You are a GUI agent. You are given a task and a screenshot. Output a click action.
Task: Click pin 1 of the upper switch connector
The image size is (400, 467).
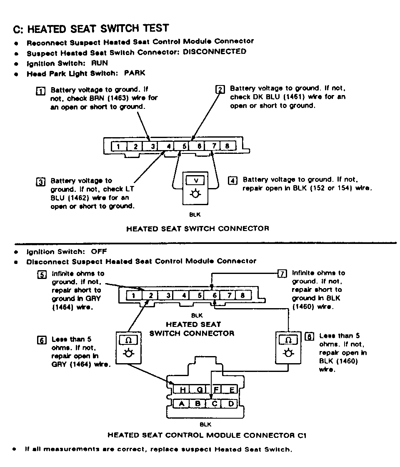coord(119,146)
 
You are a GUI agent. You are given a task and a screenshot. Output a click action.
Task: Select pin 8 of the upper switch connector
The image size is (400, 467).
coord(227,146)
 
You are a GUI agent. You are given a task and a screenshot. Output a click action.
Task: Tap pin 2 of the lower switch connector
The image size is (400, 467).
coord(151,296)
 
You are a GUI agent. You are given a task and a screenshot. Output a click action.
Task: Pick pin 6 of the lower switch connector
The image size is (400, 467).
coord(215,296)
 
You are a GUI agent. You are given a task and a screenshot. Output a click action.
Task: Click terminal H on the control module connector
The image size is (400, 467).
coord(182,390)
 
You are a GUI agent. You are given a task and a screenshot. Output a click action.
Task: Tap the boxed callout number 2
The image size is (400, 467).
coord(220,89)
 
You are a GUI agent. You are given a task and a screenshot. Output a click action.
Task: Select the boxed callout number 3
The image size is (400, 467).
coord(40,182)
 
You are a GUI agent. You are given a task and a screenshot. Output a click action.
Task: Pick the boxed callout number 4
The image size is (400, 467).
coord(232,181)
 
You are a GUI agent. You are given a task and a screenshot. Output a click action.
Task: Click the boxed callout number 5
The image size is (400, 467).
coord(41,274)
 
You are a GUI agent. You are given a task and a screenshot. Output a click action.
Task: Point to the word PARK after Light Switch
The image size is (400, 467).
coord(135,73)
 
